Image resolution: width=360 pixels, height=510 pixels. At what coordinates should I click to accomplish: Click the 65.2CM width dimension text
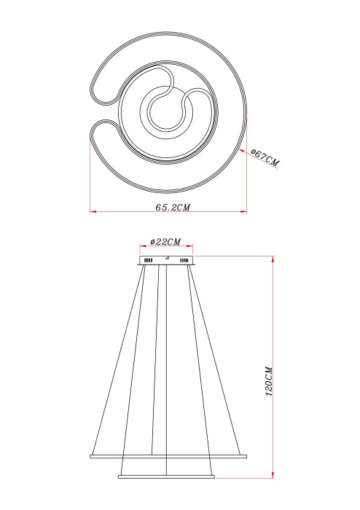173,208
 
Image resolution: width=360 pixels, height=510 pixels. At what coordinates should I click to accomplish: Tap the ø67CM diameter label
265,158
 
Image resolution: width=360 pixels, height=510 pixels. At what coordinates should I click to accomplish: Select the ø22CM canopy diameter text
165,241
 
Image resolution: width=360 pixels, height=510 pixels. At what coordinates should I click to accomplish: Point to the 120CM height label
269,380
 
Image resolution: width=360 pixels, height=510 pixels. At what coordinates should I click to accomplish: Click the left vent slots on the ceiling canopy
148,260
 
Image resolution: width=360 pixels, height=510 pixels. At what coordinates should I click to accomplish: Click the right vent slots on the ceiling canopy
184,260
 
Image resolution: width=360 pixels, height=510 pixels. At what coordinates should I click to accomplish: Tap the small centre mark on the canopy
167,258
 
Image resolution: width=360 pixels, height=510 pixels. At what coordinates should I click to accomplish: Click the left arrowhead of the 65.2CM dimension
93,212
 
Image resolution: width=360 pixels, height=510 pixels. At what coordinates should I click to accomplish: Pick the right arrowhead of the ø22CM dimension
192,247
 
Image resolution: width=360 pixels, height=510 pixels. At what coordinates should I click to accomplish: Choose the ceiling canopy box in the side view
167,260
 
